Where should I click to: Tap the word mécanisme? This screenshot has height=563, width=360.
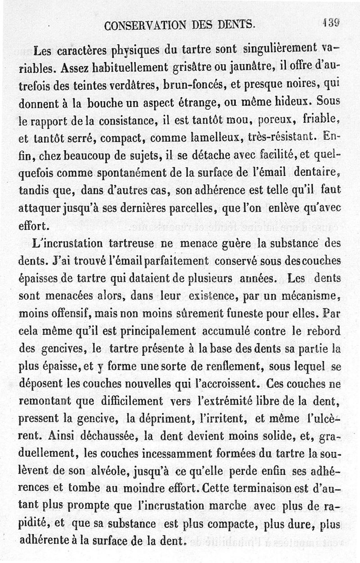coord(310,296)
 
